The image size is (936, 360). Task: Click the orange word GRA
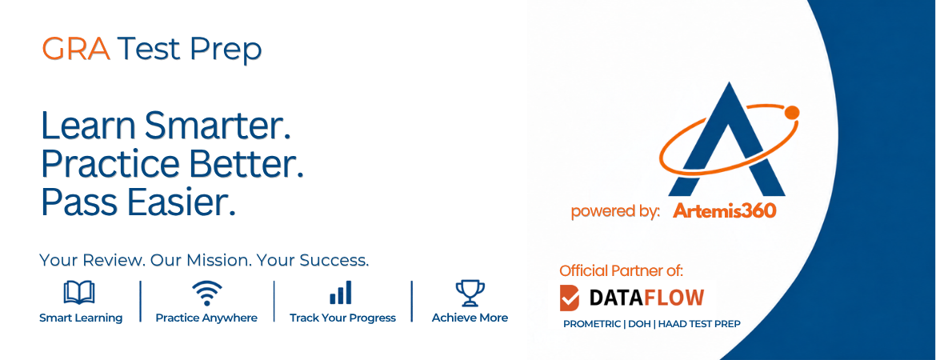tap(77, 50)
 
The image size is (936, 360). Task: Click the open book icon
tap(78, 293)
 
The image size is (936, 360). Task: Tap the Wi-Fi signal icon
tap(206, 293)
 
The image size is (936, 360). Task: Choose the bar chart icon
tap(341, 293)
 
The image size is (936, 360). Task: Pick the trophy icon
tap(470, 293)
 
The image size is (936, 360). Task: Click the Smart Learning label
tap(81, 318)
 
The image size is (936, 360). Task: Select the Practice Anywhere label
tap(206, 318)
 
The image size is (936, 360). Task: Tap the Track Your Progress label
tap(342, 318)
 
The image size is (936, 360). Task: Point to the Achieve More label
tap(470, 318)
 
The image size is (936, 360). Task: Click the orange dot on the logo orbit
tap(791, 112)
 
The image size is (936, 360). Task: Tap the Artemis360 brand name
tap(725, 210)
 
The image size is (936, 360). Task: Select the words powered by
tap(615, 212)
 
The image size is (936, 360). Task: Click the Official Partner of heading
tap(622, 270)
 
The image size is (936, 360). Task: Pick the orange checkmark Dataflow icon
tap(569, 298)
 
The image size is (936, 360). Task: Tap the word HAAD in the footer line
tap(672, 324)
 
